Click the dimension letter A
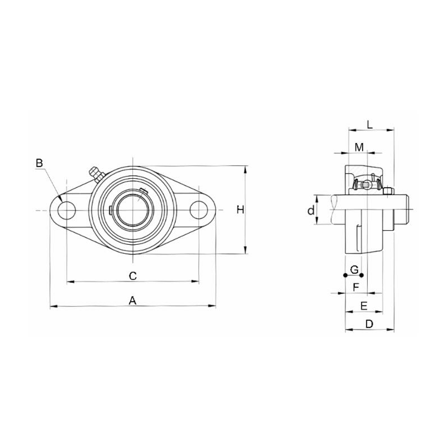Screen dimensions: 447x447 (x=133, y=300)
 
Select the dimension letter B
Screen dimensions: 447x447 (x=39, y=163)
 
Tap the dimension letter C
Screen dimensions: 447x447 (x=133, y=275)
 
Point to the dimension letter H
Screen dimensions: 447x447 (x=240, y=210)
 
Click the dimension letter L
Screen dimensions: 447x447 (x=370, y=123)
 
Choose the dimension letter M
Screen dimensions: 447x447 (x=359, y=147)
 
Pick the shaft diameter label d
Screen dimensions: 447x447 (x=312, y=210)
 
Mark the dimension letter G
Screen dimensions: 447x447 (x=353, y=269)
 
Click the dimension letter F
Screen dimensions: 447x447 (x=355, y=287)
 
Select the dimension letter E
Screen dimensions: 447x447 (x=363, y=306)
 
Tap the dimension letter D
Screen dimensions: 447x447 (x=369, y=324)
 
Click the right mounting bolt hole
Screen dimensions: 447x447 (x=199, y=210)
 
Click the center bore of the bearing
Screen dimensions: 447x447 (x=133, y=210)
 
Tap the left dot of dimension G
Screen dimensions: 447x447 (x=345, y=275)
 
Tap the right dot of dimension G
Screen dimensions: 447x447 (x=362, y=275)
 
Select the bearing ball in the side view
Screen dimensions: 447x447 (x=365, y=184)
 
